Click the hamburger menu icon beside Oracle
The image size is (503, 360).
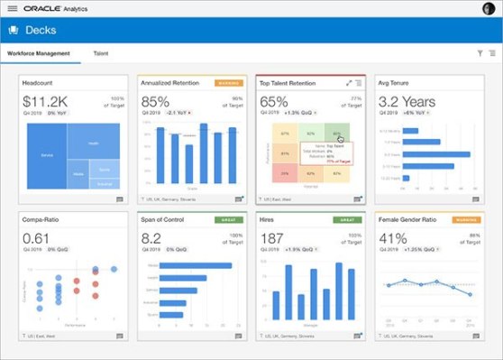point(13,8)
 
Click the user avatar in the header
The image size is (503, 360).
point(489,8)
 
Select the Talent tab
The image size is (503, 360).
point(102,54)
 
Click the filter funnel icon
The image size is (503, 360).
point(480,54)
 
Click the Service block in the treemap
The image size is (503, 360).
point(47,155)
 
